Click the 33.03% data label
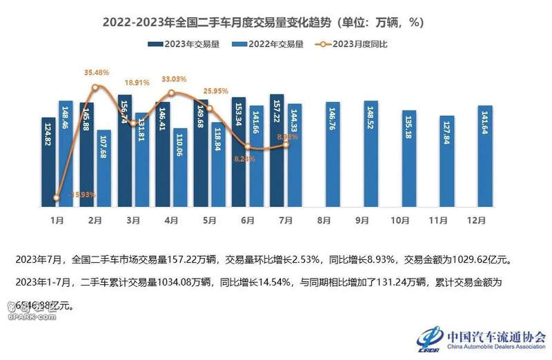coord(175,79)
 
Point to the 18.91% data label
coord(135,81)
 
